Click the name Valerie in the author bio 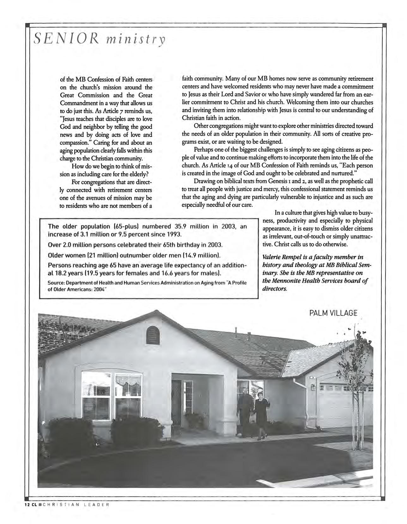coord(272,257)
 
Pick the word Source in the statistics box coord(56,283)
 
